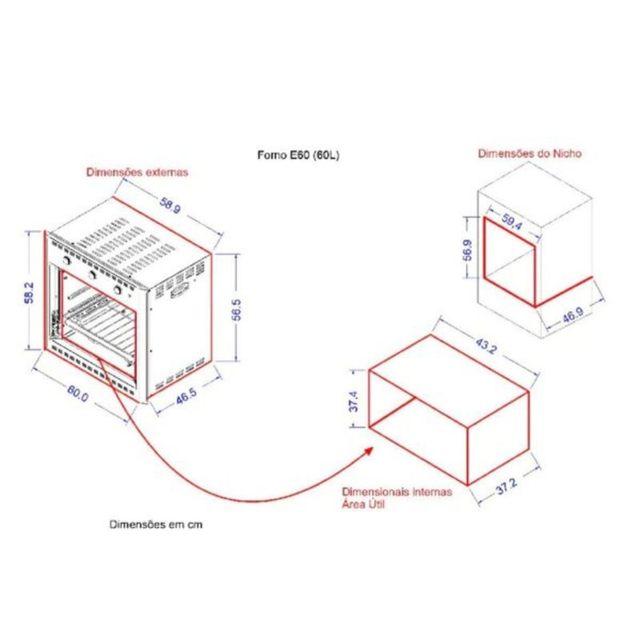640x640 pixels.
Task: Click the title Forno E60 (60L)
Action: (298, 155)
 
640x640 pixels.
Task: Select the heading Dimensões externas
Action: (137, 172)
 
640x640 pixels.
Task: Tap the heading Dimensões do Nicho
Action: (530, 154)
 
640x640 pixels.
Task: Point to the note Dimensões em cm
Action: (156, 525)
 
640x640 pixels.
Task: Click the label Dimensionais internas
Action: (397, 492)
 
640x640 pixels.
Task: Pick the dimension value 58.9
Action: (170, 206)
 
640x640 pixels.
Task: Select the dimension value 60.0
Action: (78, 394)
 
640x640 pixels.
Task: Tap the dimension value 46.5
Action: (186, 396)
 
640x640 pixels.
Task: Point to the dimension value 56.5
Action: (237, 309)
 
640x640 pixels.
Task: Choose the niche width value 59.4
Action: (511, 222)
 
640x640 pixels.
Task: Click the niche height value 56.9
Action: (468, 250)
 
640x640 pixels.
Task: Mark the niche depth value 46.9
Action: (573, 314)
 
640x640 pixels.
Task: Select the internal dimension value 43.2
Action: (486, 346)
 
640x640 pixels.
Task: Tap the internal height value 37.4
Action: (354, 402)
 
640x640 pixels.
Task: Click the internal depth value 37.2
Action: (506, 487)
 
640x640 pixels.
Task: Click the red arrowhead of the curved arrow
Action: (369, 451)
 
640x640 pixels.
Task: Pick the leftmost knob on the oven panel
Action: (66, 261)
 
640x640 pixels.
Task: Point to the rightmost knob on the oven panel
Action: (118, 290)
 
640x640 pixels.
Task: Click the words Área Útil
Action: (363, 504)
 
